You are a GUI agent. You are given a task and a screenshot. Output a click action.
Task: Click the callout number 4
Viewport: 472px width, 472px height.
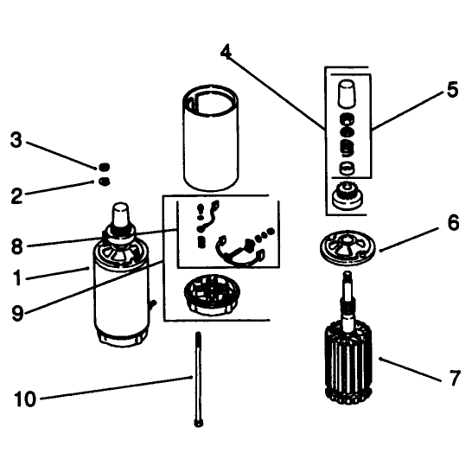click(226, 52)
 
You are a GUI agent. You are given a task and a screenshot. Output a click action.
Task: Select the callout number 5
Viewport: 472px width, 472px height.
click(452, 89)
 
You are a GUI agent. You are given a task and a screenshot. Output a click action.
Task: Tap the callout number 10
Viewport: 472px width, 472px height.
click(25, 399)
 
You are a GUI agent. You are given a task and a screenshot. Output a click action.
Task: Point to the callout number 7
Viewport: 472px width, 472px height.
click(455, 378)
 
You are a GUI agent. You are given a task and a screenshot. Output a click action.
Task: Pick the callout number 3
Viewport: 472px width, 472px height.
click(16, 140)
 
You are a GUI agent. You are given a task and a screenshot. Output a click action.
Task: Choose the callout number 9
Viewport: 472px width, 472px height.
click(17, 313)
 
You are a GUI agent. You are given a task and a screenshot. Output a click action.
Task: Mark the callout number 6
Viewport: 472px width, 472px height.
click(453, 223)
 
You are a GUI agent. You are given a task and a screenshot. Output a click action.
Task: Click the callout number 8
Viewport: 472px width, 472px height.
click(17, 247)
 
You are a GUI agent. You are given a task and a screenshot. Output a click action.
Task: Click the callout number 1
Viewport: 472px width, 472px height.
click(17, 277)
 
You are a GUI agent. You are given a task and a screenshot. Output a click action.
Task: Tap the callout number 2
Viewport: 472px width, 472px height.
click(17, 196)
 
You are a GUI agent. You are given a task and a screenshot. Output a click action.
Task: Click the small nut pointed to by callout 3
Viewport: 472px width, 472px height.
click(104, 167)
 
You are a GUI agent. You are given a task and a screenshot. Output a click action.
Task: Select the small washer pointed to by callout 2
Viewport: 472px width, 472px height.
click(104, 182)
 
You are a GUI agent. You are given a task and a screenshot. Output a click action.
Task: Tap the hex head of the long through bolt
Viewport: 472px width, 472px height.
click(199, 424)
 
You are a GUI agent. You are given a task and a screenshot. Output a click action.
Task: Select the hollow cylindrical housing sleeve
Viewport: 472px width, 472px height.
click(211, 137)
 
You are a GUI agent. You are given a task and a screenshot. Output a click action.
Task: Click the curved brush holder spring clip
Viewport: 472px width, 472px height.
click(240, 252)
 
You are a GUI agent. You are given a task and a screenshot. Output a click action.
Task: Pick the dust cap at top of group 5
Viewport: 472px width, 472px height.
click(346, 93)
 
